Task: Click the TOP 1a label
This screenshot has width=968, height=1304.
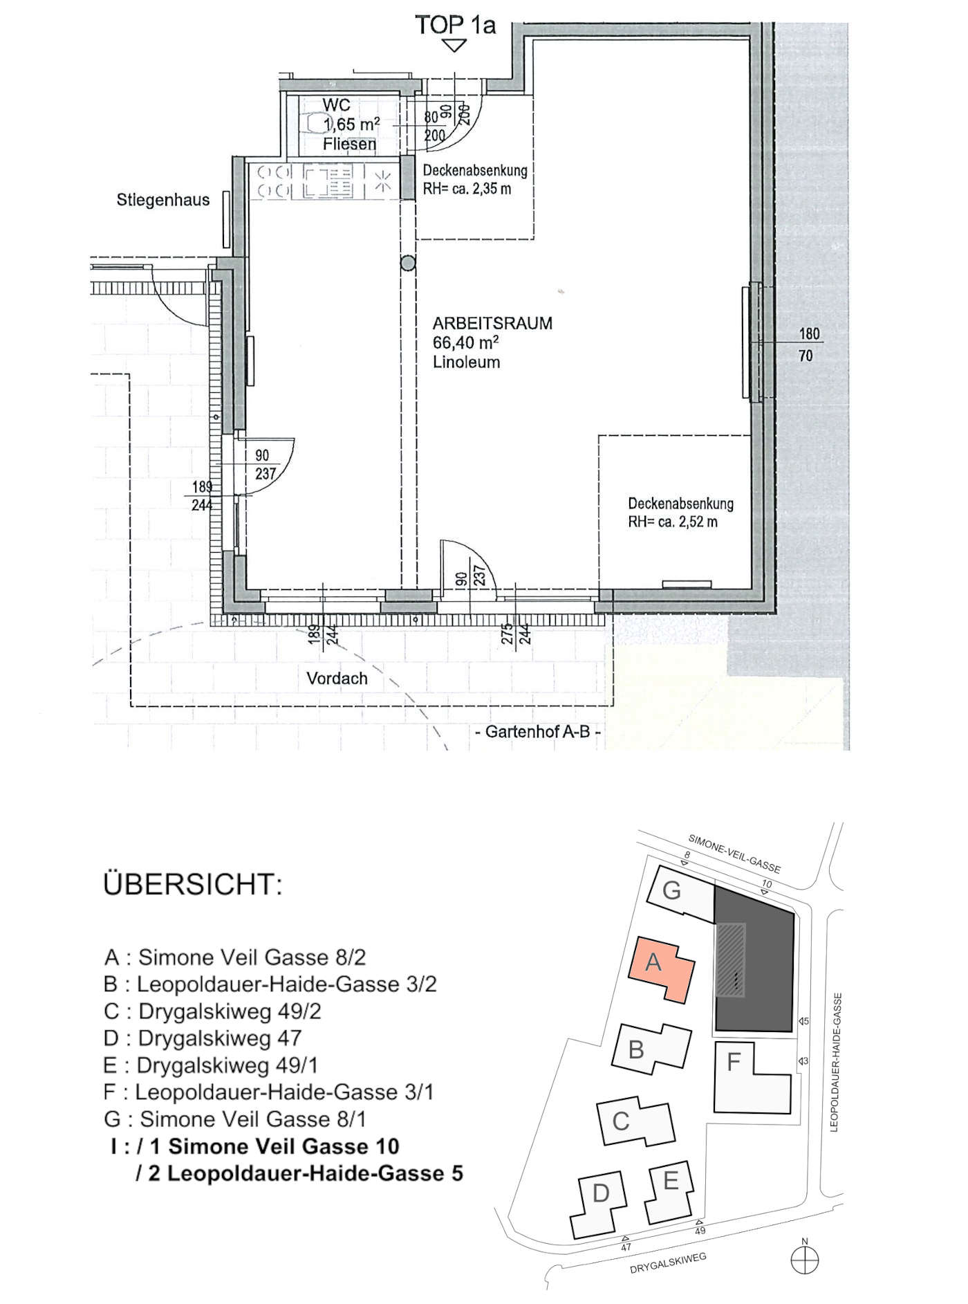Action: pyautogui.click(x=455, y=26)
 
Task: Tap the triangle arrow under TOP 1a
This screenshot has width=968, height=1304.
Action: pyautogui.click(x=454, y=46)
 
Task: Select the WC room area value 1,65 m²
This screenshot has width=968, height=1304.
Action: pyautogui.click(x=351, y=125)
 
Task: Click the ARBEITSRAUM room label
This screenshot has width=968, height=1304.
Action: pyautogui.click(x=492, y=323)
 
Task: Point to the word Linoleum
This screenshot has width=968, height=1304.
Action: pyautogui.click(x=466, y=362)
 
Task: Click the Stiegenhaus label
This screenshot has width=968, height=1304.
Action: pyautogui.click(x=162, y=201)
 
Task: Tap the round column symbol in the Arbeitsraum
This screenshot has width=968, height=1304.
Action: pyautogui.click(x=409, y=263)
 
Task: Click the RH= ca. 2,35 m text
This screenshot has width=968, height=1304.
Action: pyautogui.click(x=467, y=188)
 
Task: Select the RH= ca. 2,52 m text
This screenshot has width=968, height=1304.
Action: pyautogui.click(x=672, y=522)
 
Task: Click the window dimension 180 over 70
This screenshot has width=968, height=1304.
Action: pyautogui.click(x=809, y=345)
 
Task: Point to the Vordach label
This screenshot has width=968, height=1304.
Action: pyautogui.click(x=337, y=679)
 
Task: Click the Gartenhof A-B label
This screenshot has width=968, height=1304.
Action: pyautogui.click(x=538, y=732)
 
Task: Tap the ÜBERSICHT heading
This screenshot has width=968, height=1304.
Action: pyautogui.click(x=193, y=885)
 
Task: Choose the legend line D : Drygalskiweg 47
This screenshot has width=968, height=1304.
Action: pyautogui.click(x=202, y=1038)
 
